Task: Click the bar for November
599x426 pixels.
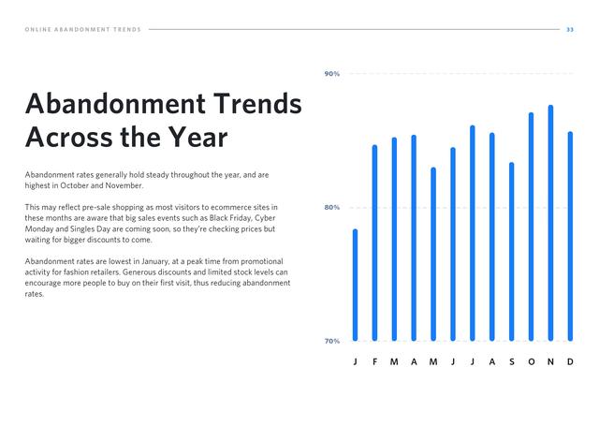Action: click(x=550, y=223)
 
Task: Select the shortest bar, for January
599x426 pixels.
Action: click(x=356, y=285)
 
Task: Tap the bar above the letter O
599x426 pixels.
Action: click(x=531, y=227)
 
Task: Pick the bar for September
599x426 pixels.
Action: click(x=512, y=252)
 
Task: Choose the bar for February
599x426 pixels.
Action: click(x=374, y=242)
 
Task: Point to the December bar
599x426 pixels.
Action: click(x=570, y=236)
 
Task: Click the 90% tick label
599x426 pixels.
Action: click(x=332, y=74)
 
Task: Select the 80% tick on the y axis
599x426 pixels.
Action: click(x=332, y=208)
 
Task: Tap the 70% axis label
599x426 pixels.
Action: click(x=332, y=341)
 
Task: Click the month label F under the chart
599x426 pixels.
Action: click(x=374, y=361)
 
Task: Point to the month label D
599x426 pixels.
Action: click(x=570, y=361)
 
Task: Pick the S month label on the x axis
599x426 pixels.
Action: click(x=512, y=361)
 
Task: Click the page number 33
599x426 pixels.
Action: click(x=570, y=29)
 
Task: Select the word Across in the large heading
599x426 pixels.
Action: click(x=70, y=137)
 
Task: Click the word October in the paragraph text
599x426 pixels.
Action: click(x=74, y=185)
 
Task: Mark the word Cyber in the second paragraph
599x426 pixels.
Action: click(x=265, y=218)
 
